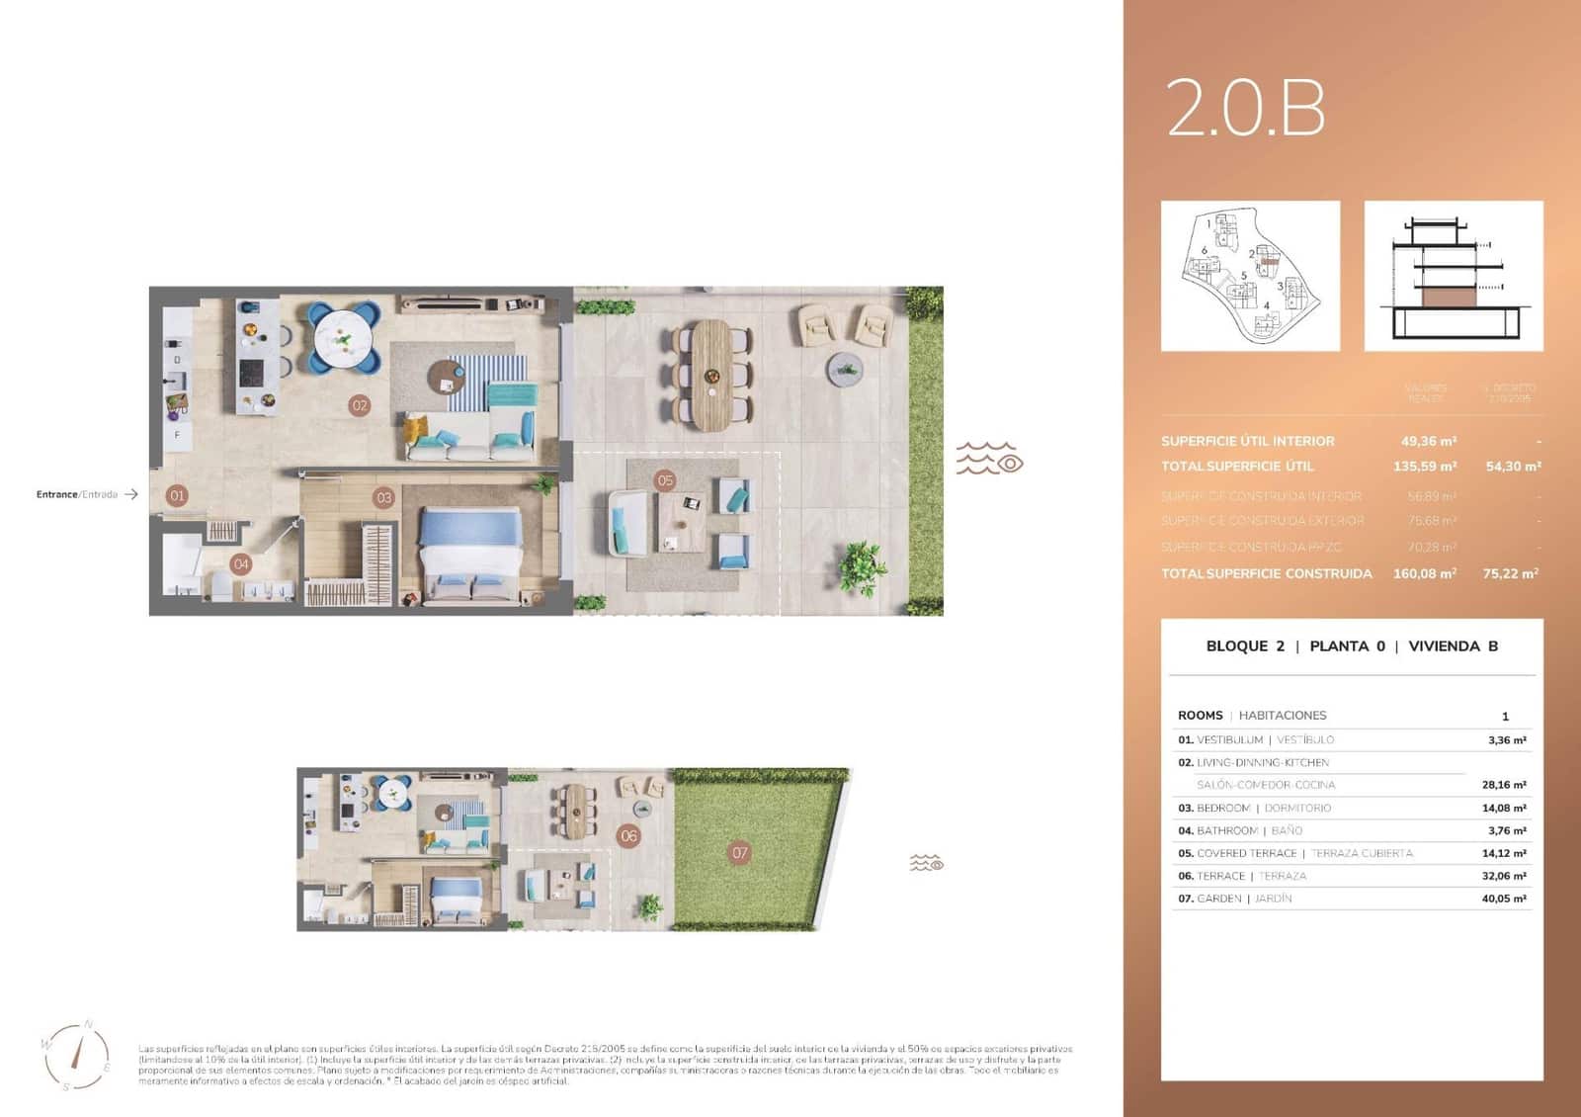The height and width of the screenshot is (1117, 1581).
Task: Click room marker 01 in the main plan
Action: [177, 496]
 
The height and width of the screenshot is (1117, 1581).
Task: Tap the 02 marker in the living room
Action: [360, 405]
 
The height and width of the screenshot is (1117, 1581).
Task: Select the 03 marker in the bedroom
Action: [383, 497]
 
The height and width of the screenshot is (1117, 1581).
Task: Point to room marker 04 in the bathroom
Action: [240, 564]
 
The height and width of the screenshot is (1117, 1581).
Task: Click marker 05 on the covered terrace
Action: [665, 480]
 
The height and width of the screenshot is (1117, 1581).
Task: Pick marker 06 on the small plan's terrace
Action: [628, 835]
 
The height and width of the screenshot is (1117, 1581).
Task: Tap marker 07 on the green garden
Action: [739, 852]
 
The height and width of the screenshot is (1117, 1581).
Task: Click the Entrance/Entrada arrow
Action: [130, 494]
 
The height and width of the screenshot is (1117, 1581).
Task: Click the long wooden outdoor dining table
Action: [710, 374]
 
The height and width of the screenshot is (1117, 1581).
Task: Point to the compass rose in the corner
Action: [76, 1056]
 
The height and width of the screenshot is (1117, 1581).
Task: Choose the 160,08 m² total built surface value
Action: [1424, 573]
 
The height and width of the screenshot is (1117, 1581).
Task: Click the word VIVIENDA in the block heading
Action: [1444, 646]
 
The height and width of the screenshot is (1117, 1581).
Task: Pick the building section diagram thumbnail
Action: [1453, 276]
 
